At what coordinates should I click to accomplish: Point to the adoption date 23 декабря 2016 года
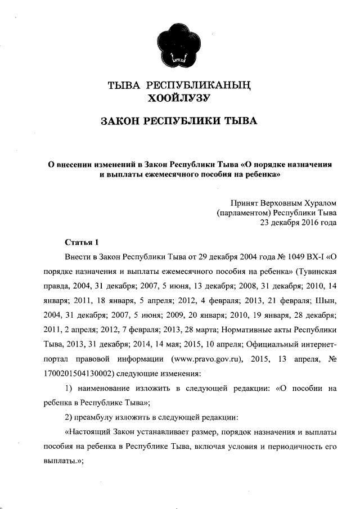[x=298, y=222]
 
